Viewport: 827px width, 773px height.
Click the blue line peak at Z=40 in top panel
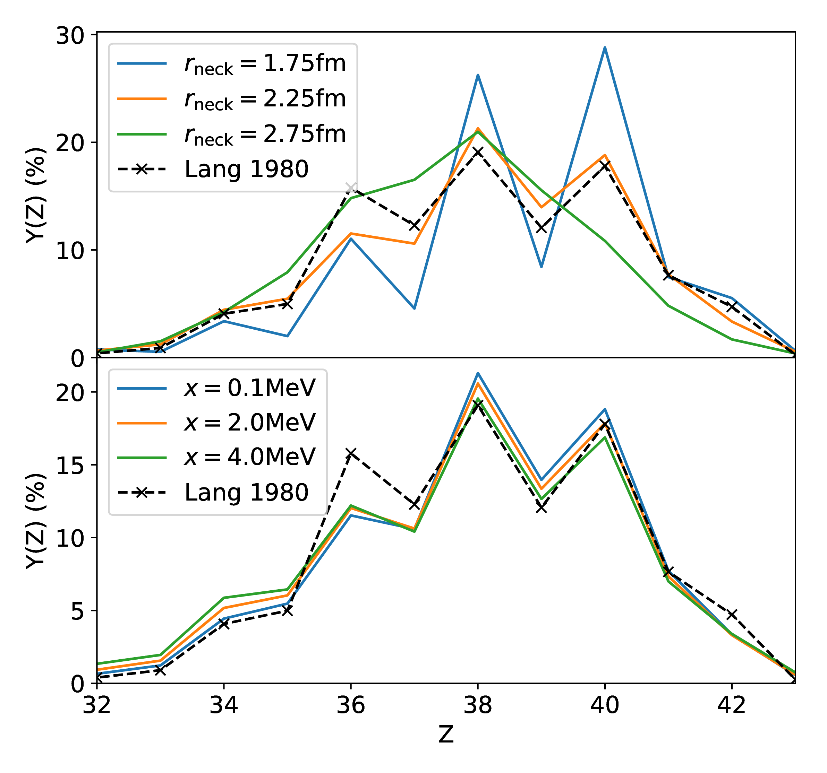(x=604, y=47)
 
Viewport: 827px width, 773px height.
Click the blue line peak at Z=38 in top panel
(x=478, y=75)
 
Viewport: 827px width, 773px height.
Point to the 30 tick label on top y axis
(x=70, y=36)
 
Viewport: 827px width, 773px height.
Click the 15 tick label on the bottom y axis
(x=70, y=466)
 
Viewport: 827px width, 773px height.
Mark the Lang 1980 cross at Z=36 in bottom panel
(x=351, y=453)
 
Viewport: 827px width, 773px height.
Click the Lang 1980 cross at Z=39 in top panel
(x=541, y=228)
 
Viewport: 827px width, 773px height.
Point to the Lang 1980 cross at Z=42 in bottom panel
(x=731, y=614)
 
